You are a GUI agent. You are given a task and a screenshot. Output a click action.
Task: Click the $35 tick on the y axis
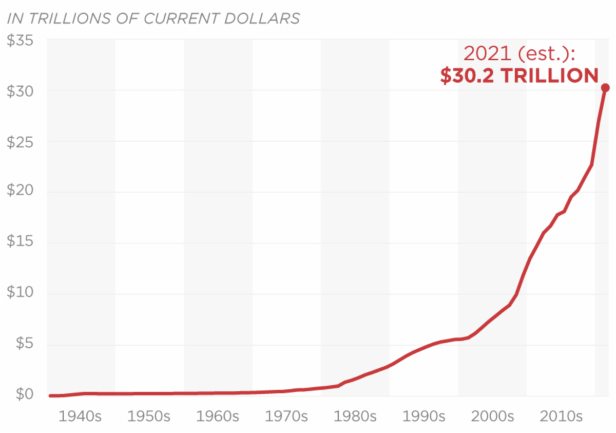(x=20, y=40)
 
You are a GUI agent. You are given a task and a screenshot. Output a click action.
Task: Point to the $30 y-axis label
(x=20, y=91)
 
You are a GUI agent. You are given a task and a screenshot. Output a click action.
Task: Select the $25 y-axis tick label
(x=20, y=142)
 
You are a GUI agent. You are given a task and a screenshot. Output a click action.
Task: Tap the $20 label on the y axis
(x=20, y=193)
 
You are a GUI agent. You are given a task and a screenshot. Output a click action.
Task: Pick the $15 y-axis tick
(x=20, y=243)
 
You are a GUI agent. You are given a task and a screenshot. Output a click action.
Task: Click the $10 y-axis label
(x=20, y=294)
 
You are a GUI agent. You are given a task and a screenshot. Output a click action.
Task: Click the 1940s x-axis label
(x=80, y=416)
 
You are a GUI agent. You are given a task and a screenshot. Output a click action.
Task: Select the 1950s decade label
(x=149, y=416)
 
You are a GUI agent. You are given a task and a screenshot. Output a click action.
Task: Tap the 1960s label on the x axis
(x=218, y=416)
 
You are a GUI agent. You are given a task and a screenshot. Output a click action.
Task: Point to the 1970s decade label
(x=286, y=416)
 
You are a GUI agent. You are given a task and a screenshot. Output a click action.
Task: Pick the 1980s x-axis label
(x=355, y=416)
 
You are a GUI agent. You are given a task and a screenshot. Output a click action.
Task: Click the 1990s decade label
(x=423, y=416)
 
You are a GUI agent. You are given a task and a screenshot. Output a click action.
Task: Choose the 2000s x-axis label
(x=492, y=416)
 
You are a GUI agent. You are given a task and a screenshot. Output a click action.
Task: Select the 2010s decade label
(x=561, y=416)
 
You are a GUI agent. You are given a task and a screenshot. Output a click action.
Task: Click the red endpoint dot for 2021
(x=605, y=88)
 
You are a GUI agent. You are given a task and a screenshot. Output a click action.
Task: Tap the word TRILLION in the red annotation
(x=549, y=76)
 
